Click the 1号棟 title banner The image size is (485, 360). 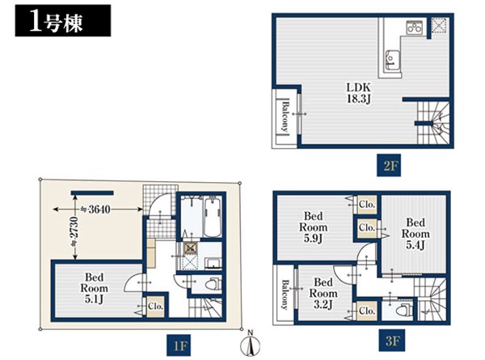click(x=63, y=20)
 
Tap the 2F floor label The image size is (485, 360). click(x=389, y=165)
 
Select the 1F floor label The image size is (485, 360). click(x=179, y=345)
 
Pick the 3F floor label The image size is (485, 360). click(x=391, y=341)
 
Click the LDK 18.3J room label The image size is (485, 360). click(x=358, y=93)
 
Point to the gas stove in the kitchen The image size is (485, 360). click(x=414, y=28)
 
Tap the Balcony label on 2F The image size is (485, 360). click(x=285, y=116)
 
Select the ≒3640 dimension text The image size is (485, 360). click(x=95, y=210)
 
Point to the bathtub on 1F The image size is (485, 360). click(x=213, y=218)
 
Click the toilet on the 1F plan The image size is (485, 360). click(x=213, y=283)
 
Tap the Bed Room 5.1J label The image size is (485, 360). click(x=94, y=288)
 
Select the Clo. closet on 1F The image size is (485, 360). click(x=155, y=306)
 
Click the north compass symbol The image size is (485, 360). click(x=251, y=343)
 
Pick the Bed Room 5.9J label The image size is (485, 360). click(x=313, y=227)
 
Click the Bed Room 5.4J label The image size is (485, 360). click(x=415, y=234)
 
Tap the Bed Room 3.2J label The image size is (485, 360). click(x=323, y=294)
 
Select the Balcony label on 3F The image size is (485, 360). click(x=285, y=294)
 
